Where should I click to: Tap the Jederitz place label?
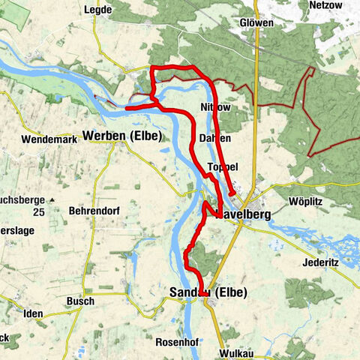307,264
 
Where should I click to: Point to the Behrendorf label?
94,212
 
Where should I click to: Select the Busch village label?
80,301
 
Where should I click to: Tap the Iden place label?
33,313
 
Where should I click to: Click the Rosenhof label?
178,341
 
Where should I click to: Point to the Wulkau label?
239,352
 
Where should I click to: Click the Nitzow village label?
216,108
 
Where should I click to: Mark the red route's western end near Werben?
126,109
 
